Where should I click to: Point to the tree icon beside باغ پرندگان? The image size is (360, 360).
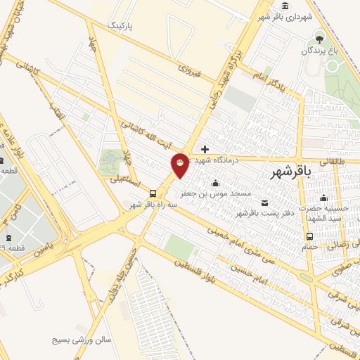tap(321, 38)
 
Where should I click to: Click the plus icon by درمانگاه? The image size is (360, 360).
tap(205, 149)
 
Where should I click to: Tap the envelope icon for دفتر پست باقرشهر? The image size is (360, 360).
tap(264, 203)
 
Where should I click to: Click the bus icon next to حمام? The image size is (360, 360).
tap(310, 236)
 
